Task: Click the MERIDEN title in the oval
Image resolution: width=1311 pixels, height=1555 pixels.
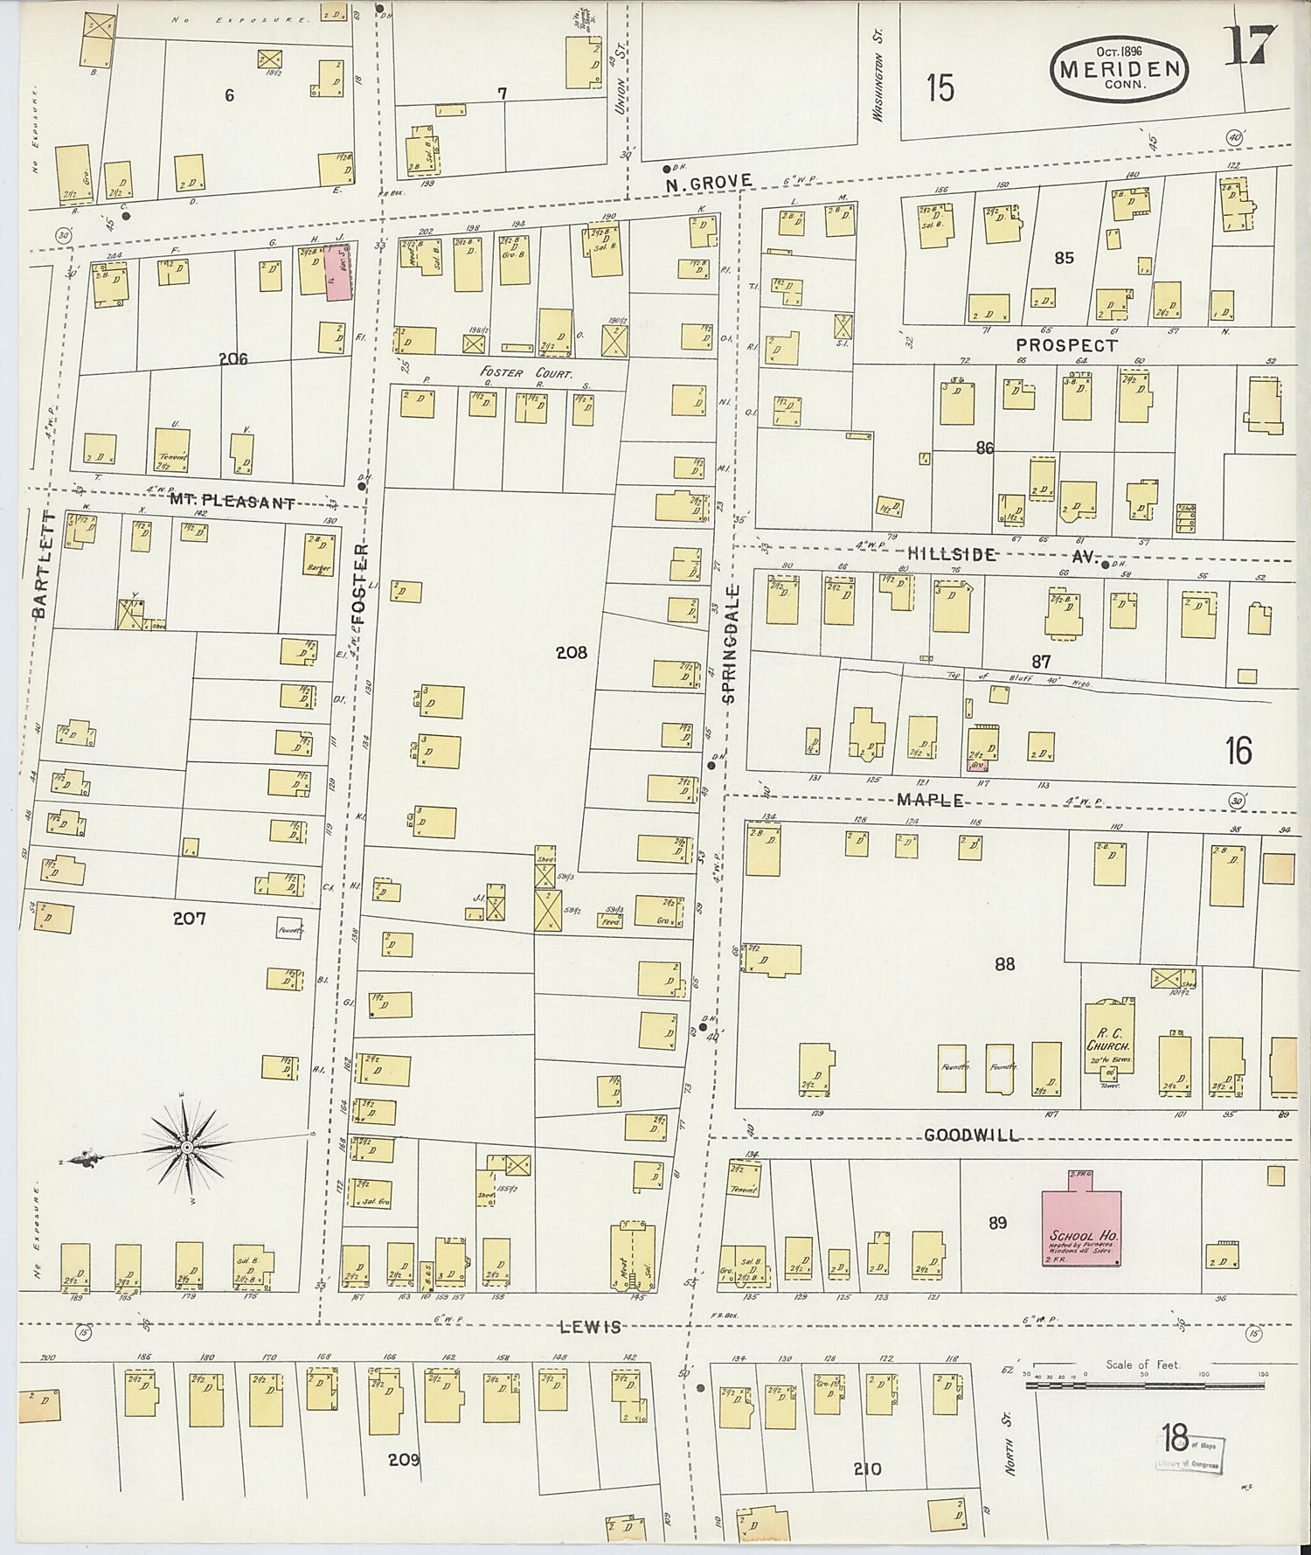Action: click(x=1120, y=69)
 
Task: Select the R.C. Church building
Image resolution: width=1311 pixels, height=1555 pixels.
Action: click(x=1109, y=1040)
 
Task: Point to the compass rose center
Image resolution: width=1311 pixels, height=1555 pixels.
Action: click(x=186, y=1145)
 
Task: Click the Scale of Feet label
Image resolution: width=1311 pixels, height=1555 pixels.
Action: click(x=1141, y=1364)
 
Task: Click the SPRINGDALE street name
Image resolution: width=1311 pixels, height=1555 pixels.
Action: click(x=730, y=644)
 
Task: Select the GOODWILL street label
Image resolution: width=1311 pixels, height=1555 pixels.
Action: click(x=971, y=1135)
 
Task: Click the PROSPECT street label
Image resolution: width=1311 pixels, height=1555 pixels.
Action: click(x=1065, y=345)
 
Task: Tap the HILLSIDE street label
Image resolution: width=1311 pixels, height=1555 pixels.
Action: click(x=951, y=554)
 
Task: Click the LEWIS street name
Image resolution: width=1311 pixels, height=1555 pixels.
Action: click(x=590, y=1327)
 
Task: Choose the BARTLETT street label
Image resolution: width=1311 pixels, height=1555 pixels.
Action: click(x=41, y=566)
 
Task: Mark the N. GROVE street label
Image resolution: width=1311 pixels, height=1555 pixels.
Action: click(x=708, y=182)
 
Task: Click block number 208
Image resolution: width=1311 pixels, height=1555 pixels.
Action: click(x=571, y=652)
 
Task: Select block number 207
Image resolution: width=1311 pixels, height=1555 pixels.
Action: click(x=189, y=918)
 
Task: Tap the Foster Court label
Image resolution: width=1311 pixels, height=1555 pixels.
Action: click(x=527, y=372)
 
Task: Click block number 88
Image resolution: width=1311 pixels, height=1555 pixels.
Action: click(x=1004, y=964)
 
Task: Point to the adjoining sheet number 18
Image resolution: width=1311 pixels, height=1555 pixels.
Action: click(x=1175, y=1436)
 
